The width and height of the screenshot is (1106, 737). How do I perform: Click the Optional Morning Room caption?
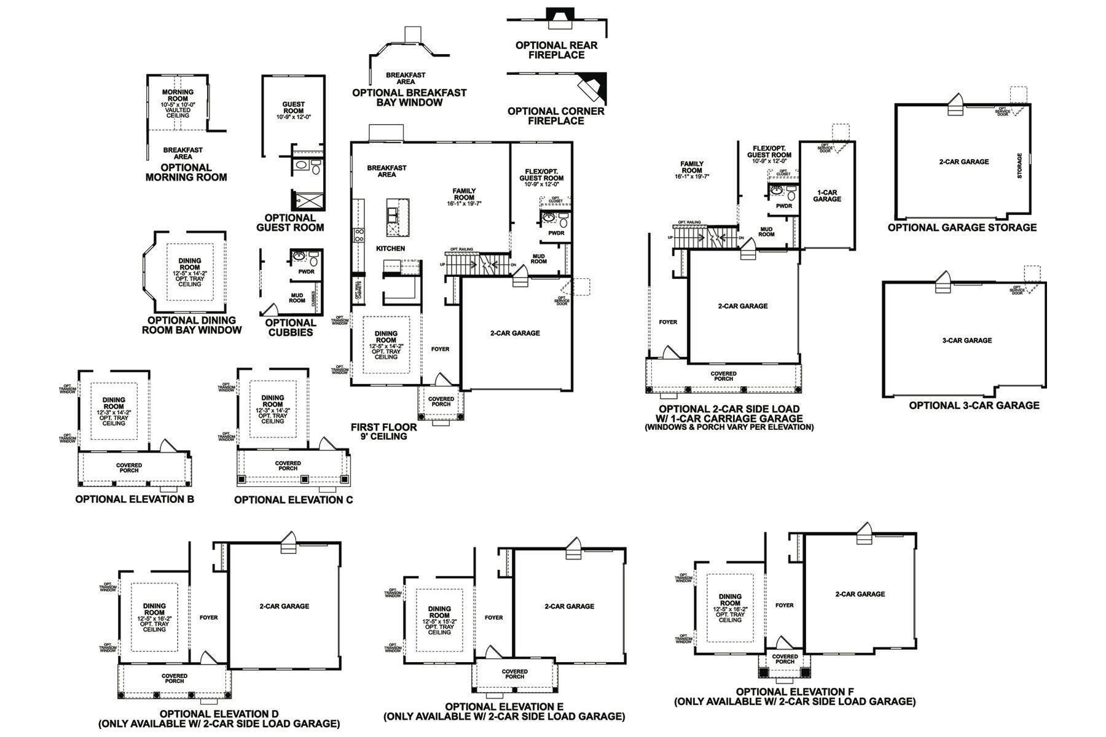point(186,172)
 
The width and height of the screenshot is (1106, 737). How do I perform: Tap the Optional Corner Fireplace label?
point(555,116)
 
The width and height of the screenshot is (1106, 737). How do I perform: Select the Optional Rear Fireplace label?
point(556,50)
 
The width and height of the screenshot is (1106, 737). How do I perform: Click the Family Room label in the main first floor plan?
point(464,194)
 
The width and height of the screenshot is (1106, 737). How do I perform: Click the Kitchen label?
point(391,249)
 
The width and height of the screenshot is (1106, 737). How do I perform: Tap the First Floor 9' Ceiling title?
point(383,431)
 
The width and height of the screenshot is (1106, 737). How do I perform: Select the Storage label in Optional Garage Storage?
point(1020,165)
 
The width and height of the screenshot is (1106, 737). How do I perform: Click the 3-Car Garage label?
point(967,340)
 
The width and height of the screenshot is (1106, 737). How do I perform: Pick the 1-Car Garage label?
point(826,196)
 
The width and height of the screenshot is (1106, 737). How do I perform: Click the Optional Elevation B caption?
point(135,499)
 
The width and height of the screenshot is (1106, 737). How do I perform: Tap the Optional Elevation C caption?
point(293,499)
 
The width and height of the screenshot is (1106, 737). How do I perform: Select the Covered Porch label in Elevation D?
point(175,678)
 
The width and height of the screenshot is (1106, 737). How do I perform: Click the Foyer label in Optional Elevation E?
point(493,618)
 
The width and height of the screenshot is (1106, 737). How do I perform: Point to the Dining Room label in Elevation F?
point(730,600)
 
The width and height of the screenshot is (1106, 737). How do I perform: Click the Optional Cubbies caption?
point(290,327)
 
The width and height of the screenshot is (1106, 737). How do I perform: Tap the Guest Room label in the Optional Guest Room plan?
point(293,107)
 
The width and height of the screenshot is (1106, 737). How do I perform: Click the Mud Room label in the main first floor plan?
point(538,259)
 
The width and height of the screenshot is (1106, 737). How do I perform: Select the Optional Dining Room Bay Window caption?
point(192,325)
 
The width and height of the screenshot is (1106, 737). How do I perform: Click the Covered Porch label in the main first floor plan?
point(441,402)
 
